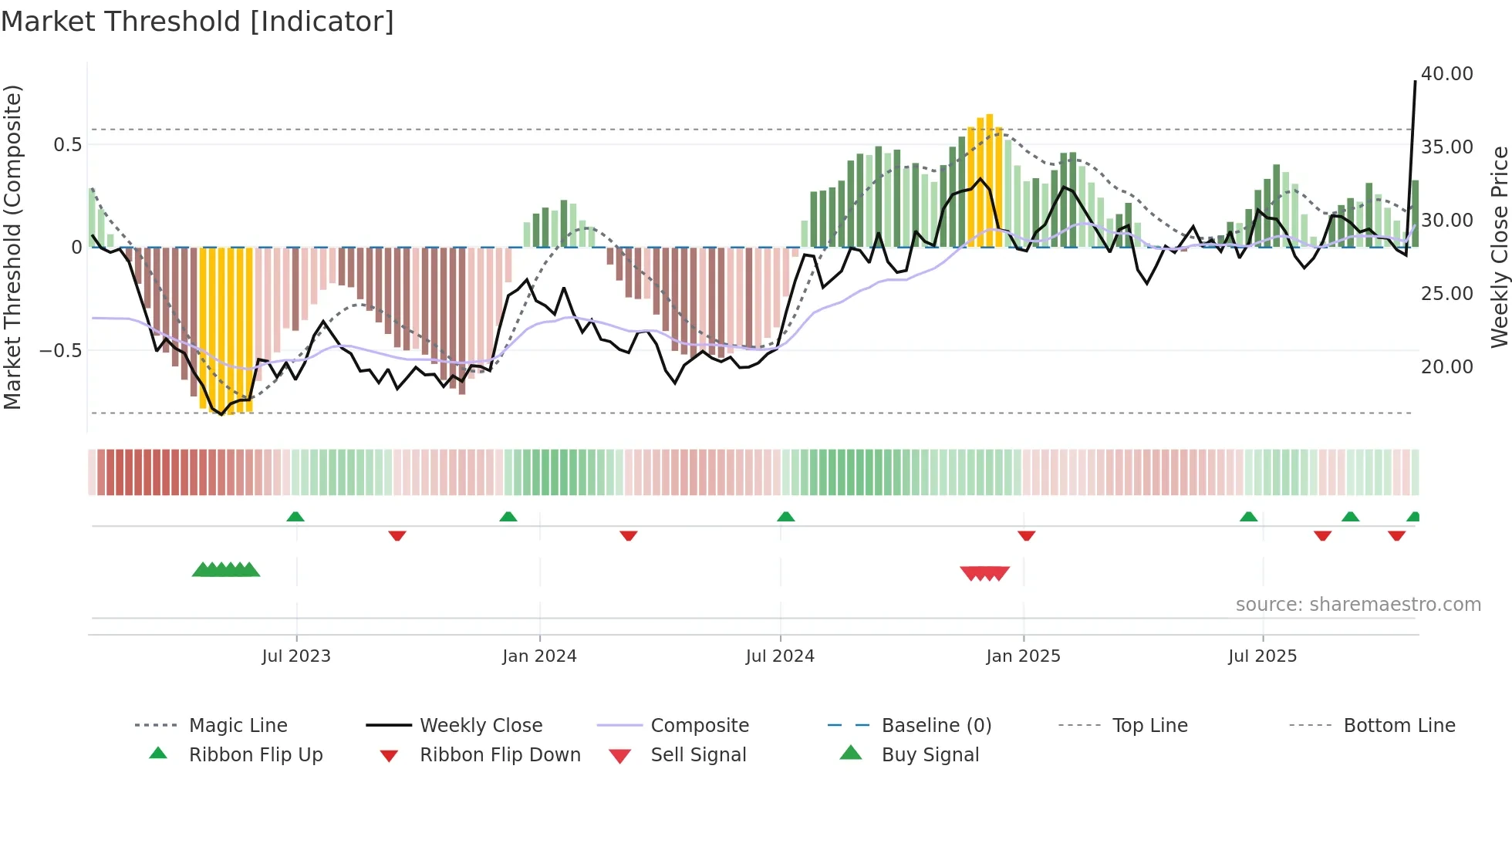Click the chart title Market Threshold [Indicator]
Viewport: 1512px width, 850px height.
click(197, 22)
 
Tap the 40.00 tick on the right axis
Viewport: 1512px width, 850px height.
click(1446, 74)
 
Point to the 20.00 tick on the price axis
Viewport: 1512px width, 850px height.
click(1446, 367)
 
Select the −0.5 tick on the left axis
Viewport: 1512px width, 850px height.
click(60, 351)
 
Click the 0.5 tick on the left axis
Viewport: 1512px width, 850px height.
click(67, 145)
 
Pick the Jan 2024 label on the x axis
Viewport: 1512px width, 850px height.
click(539, 656)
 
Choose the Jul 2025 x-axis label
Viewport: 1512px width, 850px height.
click(1262, 656)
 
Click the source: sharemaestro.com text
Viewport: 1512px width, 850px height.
click(1358, 605)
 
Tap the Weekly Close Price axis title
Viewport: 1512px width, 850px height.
click(1499, 247)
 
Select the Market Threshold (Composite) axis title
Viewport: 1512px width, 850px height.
click(12, 247)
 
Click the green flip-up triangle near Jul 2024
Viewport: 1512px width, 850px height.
click(785, 517)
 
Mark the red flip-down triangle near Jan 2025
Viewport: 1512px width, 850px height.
click(1026, 535)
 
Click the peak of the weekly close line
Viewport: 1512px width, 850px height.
click(1415, 81)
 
